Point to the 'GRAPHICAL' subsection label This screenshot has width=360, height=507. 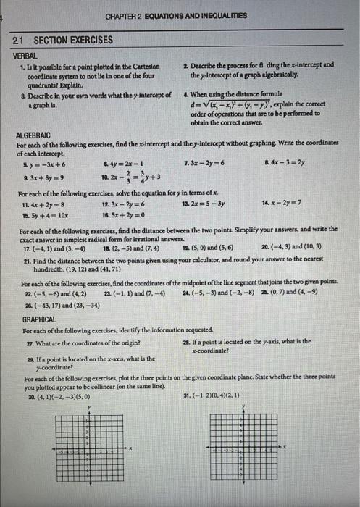(x=39, y=318)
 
